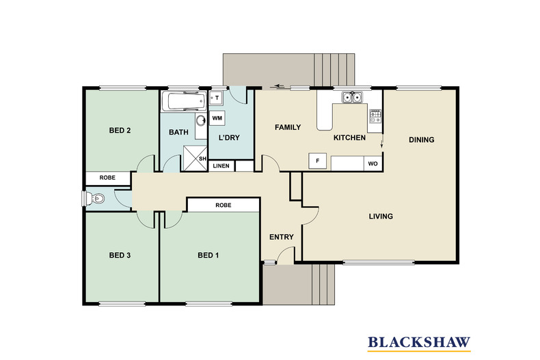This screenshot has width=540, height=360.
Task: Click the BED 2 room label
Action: pyautogui.click(x=120, y=130)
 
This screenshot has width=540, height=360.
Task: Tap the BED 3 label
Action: pyautogui.click(x=120, y=255)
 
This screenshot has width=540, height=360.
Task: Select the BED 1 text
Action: pyautogui.click(x=208, y=255)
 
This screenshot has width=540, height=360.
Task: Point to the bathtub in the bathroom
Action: pyautogui.click(x=184, y=101)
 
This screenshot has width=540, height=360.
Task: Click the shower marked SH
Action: pyautogui.click(x=195, y=158)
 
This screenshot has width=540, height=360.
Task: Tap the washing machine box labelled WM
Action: pyautogui.click(x=217, y=118)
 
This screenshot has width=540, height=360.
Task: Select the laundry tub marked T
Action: pyautogui.click(x=215, y=98)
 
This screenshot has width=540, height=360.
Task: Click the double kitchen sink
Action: pyautogui.click(x=352, y=98)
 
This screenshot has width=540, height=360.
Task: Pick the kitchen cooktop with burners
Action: pyautogui.click(x=375, y=116)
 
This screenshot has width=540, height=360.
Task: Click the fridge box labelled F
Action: pyautogui.click(x=318, y=161)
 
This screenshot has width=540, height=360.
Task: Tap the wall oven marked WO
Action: pyautogui.click(x=373, y=164)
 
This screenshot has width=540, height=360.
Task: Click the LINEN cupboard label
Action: pyautogui.click(x=221, y=166)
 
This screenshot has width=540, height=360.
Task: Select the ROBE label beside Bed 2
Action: pyautogui.click(x=107, y=178)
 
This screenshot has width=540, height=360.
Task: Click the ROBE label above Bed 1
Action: pyautogui.click(x=223, y=205)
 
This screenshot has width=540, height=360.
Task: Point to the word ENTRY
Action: pyautogui.click(x=282, y=237)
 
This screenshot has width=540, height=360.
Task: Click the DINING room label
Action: pyautogui.click(x=422, y=140)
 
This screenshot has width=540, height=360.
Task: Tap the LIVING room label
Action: pyautogui.click(x=381, y=217)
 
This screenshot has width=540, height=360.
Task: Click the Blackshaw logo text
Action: pyautogui.click(x=419, y=342)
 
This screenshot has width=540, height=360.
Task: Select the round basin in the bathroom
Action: pyautogui.click(x=201, y=121)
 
